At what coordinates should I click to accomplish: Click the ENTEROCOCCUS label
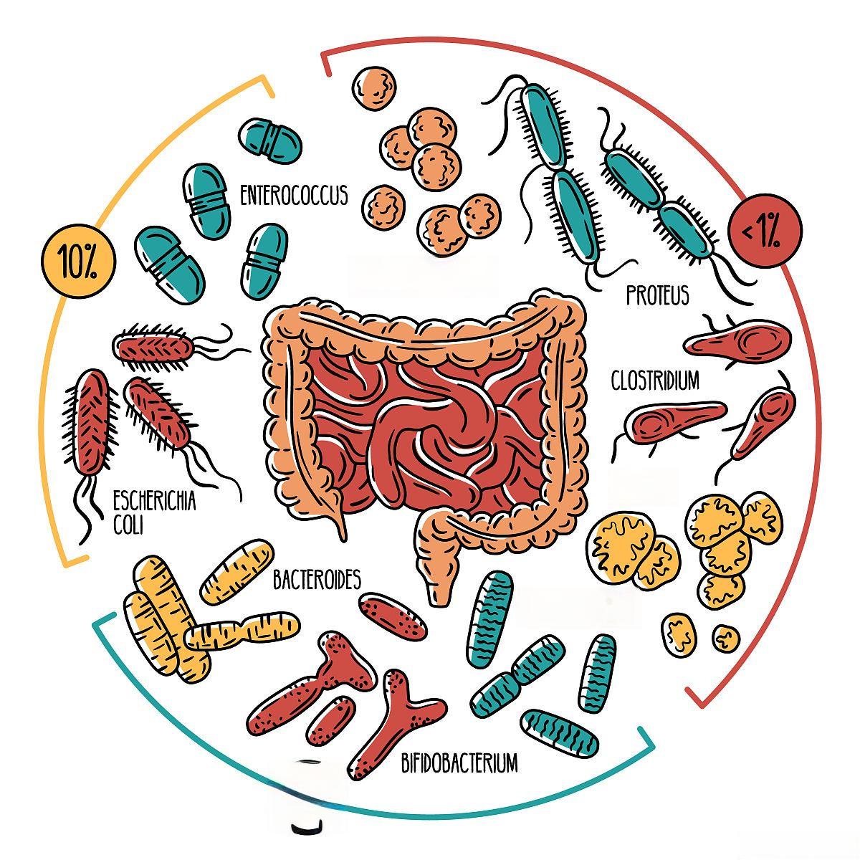pos(294,195)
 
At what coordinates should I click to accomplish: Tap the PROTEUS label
pos(656,295)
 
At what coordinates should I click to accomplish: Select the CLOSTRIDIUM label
pos(654,381)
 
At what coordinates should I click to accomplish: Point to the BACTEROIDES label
pos(316,580)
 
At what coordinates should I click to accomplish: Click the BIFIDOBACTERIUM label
pos(459,763)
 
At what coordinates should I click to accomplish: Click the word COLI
pos(128,525)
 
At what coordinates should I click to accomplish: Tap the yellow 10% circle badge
pos(78,262)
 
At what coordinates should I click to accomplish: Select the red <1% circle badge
pos(765,231)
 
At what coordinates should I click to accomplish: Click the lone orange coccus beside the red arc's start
pos(373,88)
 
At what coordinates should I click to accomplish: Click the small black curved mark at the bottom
pos(307,828)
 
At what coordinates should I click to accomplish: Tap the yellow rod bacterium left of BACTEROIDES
pos(236,571)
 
